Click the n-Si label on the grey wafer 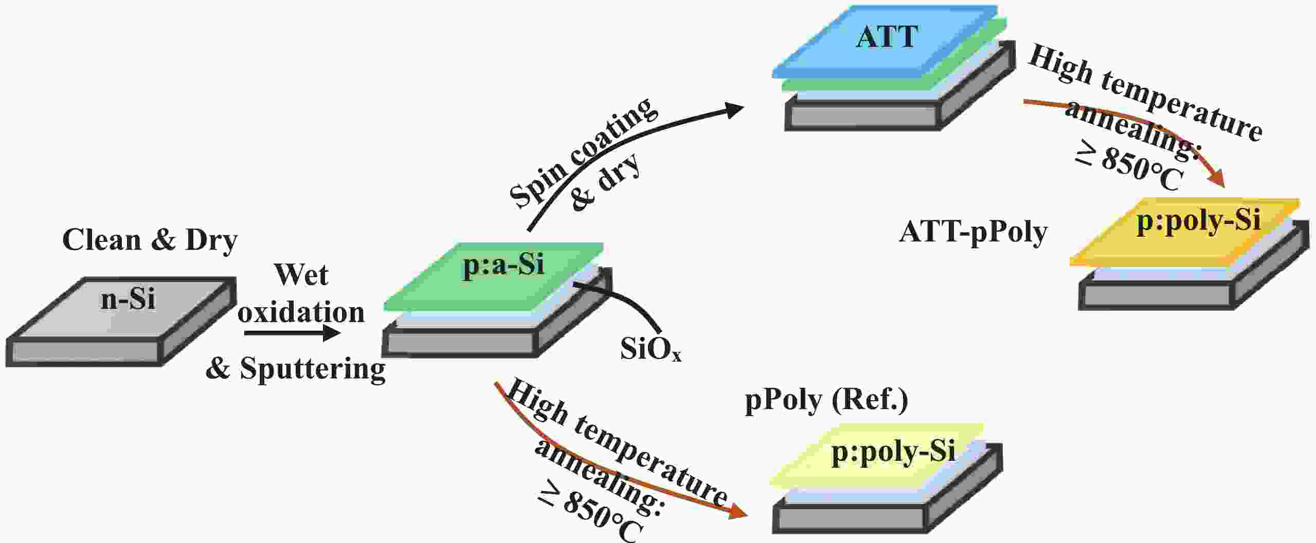(128, 298)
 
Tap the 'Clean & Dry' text (150, 240)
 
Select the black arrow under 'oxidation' (292, 333)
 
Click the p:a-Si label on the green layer (503, 266)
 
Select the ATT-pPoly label (973, 233)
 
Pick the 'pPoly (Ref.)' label (826, 401)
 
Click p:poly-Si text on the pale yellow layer (893, 453)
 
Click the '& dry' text (606, 182)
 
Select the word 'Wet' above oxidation (301, 275)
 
